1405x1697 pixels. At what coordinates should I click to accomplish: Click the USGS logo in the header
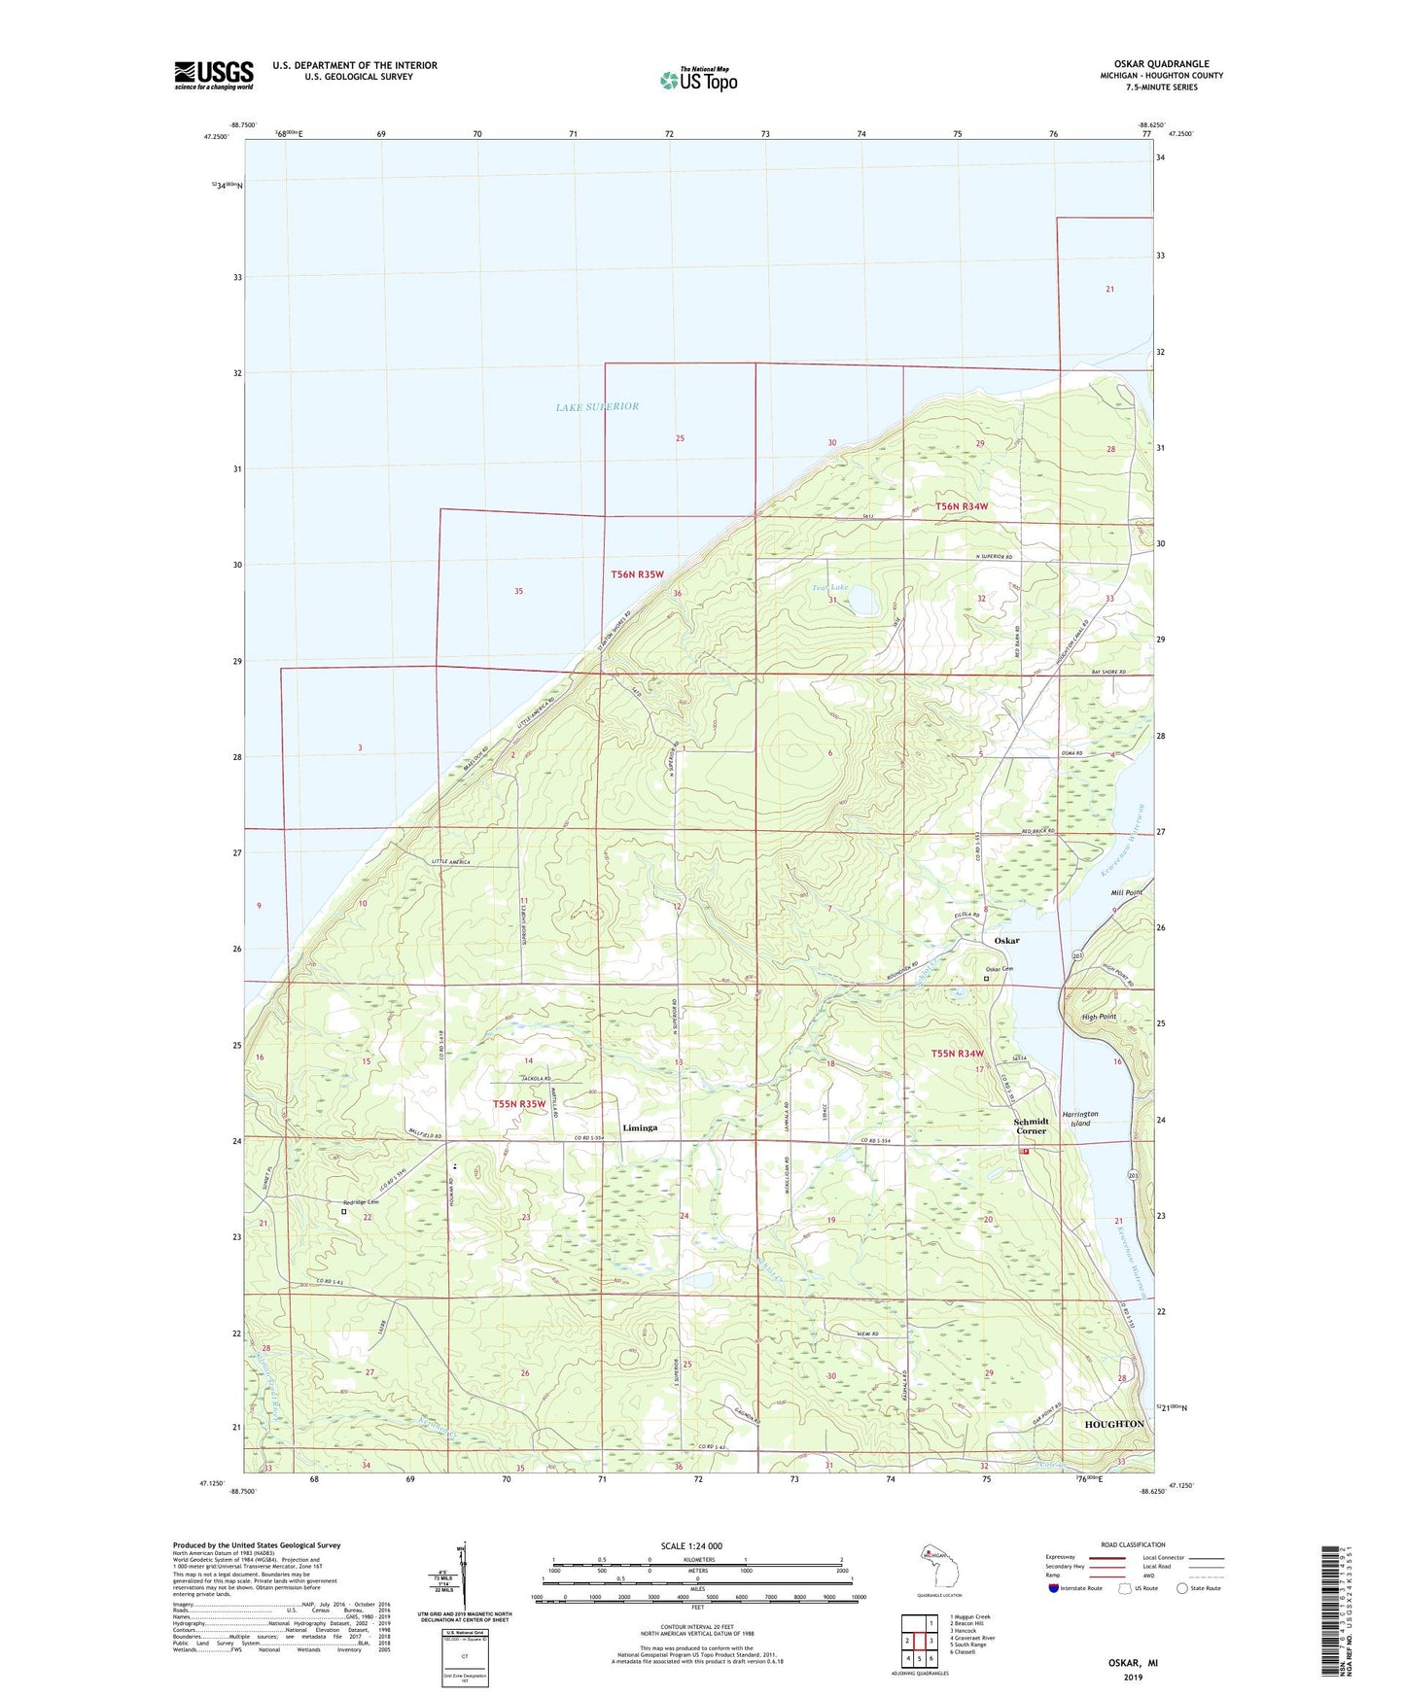pyautogui.click(x=214, y=75)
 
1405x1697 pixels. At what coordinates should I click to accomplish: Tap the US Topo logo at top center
pyautogui.click(x=699, y=80)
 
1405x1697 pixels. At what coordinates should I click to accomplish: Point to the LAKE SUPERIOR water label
pyautogui.click(x=597, y=406)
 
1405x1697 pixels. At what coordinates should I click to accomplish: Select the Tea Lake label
pyautogui.click(x=830, y=588)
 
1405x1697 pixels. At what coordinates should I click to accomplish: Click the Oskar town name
pyautogui.click(x=1006, y=941)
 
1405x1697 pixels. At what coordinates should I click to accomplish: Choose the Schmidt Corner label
pyautogui.click(x=1032, y=1126)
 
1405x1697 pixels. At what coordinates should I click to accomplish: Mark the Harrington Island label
pyautogui.click(x=1080, y=1118)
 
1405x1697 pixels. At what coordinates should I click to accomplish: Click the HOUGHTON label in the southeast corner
pyautogui.click(x=1114, y=1423)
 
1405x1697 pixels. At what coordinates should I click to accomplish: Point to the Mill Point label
pyautogui.click(x=1127, y=892)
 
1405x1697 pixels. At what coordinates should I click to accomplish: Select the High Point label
pyautogui.click(x=1100, y=1017)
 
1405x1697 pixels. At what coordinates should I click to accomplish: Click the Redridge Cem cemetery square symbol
pyautogui.click(x=344, y=1212)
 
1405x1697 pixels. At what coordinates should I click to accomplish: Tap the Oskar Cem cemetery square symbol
pyautogui.click(x=986, y=979)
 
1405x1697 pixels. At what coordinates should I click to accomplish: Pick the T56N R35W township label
pyautogui.click(x=637, y=574)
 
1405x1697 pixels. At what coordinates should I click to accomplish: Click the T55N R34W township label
pyautogui.click(x=958, y=1054)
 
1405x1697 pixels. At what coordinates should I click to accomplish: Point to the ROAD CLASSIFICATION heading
pyautogui.click(x=1133, y=1544)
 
